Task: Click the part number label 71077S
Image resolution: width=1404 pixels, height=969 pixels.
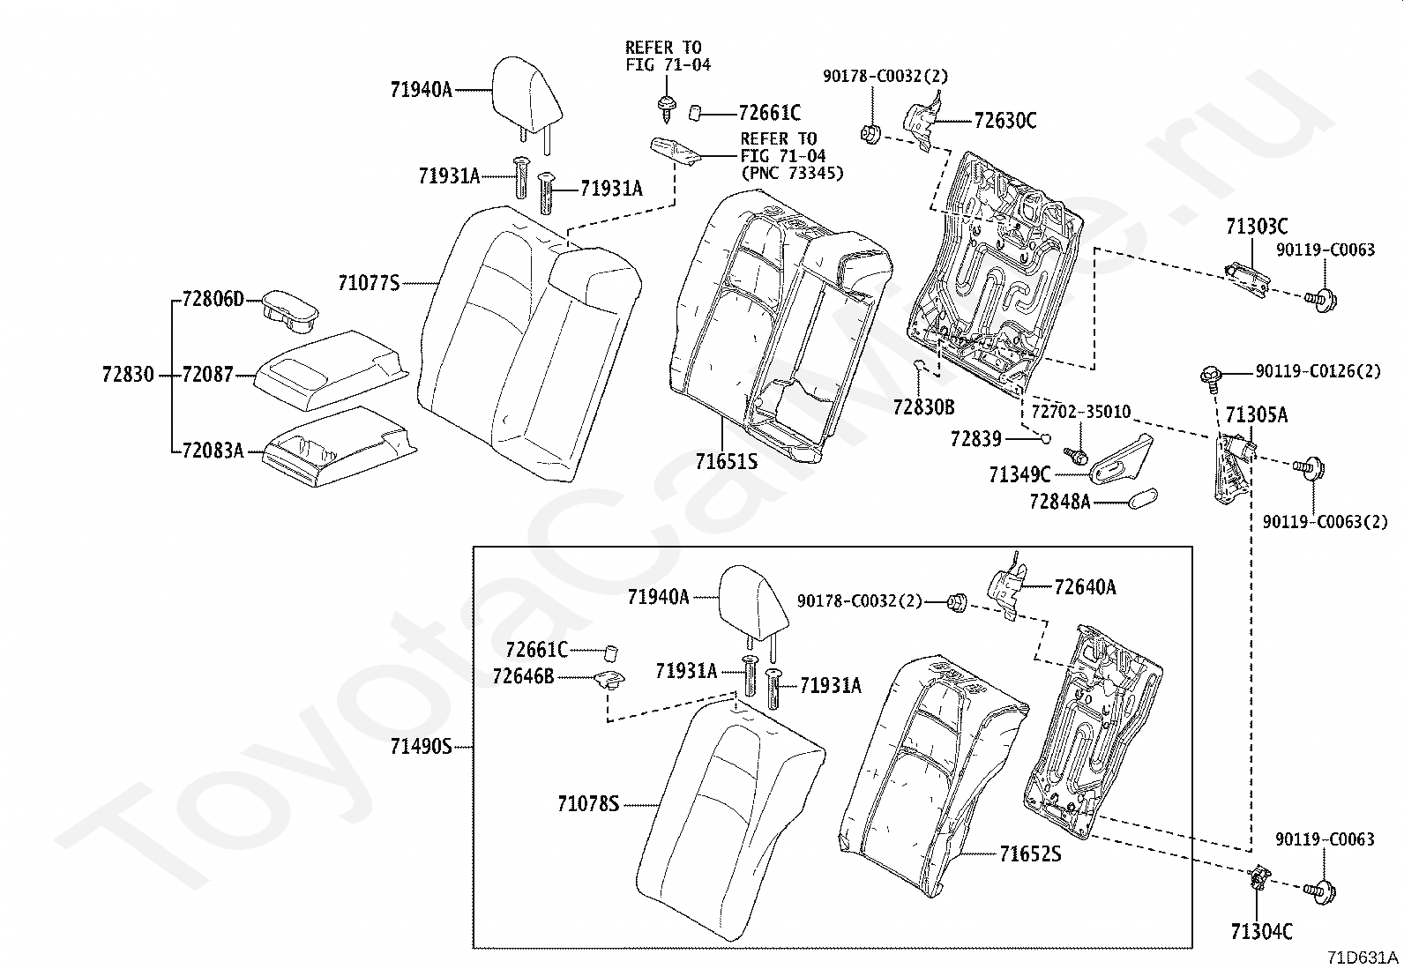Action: pyautogui.click(x=368, y=283)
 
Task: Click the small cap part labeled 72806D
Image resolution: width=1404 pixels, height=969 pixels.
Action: pyautogui.click(x=289, y=309)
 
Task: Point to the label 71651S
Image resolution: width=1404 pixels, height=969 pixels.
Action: pyautogui.click(x=725, y=461)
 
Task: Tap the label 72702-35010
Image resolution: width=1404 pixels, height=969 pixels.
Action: pyautogui.click(x=1080, y=413)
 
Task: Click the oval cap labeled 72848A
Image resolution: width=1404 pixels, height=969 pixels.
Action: pyautogui.click(x=1143, y=498)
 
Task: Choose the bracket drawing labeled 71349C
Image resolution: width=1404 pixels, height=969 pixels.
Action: pyautogui.click(x=1120, y=460)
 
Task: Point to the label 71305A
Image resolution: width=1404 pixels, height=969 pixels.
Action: pyautogui.click(x=1256, y=414)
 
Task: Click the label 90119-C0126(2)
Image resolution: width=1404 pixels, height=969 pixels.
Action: pyautogui.click(x=1318, y=371)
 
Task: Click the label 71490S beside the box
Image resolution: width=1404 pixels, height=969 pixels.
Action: pyautogui.click(x=421, y=747)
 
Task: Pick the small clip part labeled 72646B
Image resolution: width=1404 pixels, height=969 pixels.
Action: pyautogui.click(x=608, y=681)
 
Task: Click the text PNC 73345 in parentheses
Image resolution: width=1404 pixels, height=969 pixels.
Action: pyautogui.click(x=791, y=173)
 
